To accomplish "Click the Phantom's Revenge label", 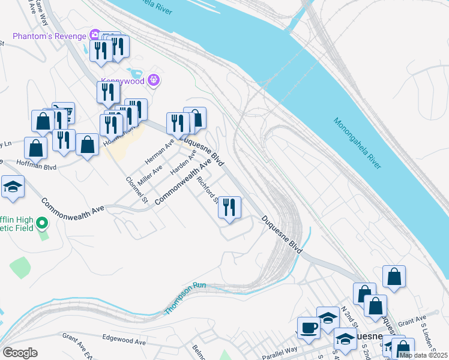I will [x=49, y=34].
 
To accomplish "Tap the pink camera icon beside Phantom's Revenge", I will [x=94, y=34].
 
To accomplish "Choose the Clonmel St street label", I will [x=137, y=190].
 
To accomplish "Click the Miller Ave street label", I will [x=150, y=176].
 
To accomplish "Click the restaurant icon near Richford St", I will [x=229, y=208].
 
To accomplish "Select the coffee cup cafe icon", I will [x=310, y=328].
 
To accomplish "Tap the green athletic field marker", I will [x=41, y=224].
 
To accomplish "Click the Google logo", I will [x=20, y=353].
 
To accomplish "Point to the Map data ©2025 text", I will [x=423, y=355].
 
